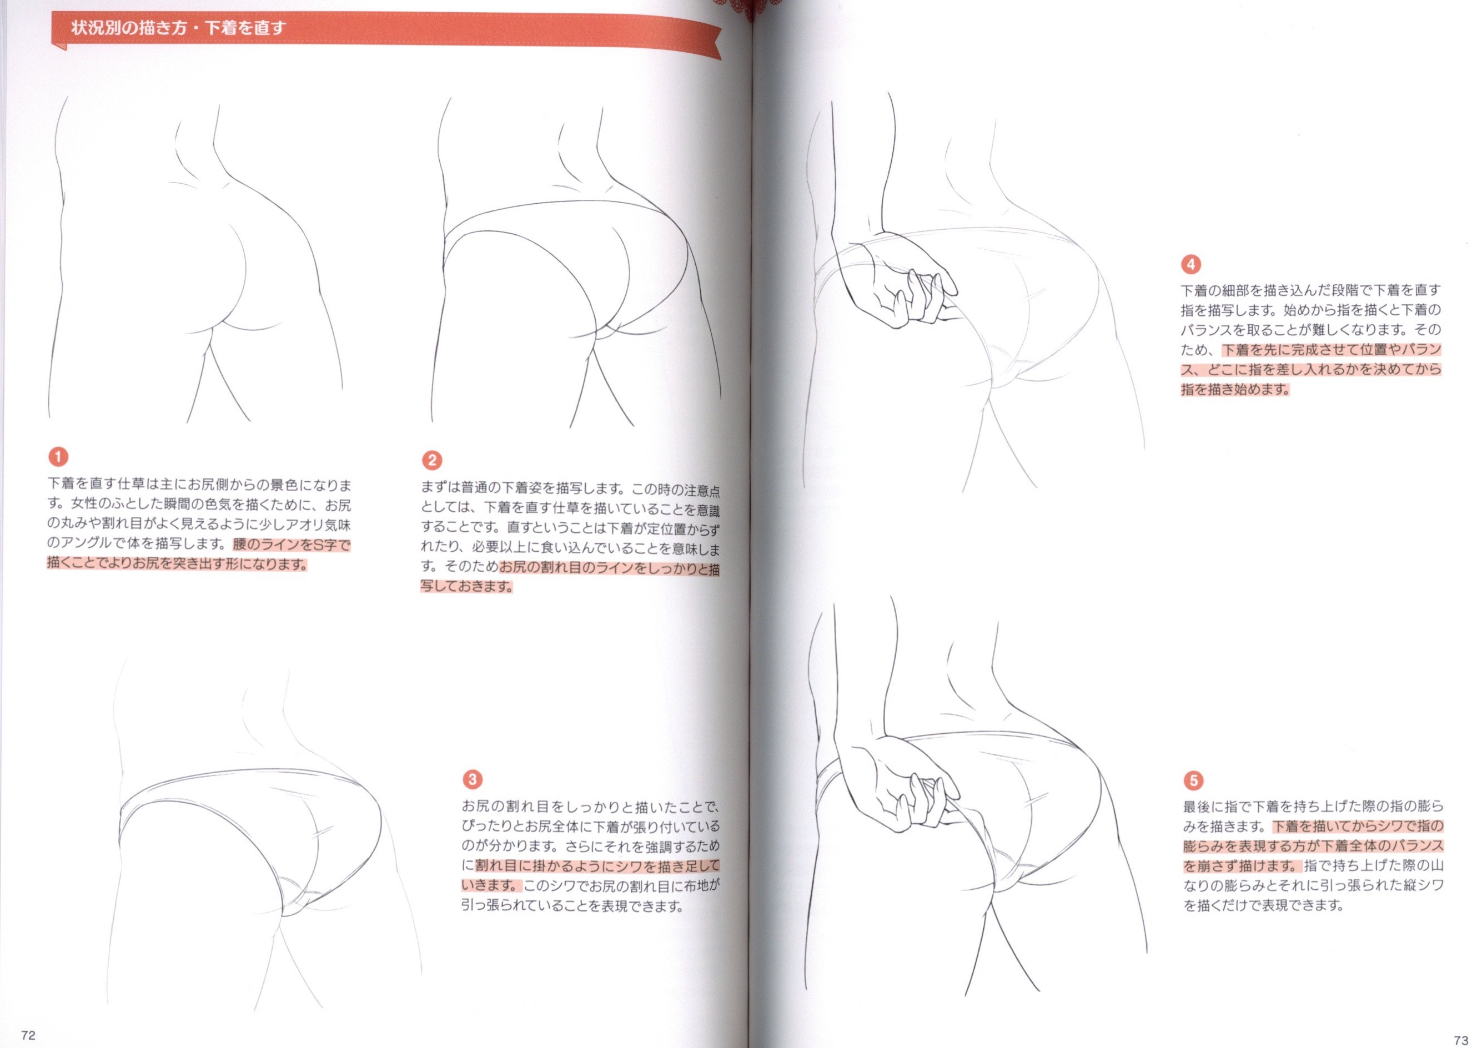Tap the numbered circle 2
tap(432, 460)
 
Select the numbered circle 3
tap(473, 779)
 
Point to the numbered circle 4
tap(1190, 264)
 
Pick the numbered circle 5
tap(1193, 780)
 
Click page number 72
tap(28, 1035)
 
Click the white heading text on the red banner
tap(178, 28)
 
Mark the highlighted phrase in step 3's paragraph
tap(590, 875)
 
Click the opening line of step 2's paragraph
tap(570, 489)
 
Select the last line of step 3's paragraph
tap(572, 906)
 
